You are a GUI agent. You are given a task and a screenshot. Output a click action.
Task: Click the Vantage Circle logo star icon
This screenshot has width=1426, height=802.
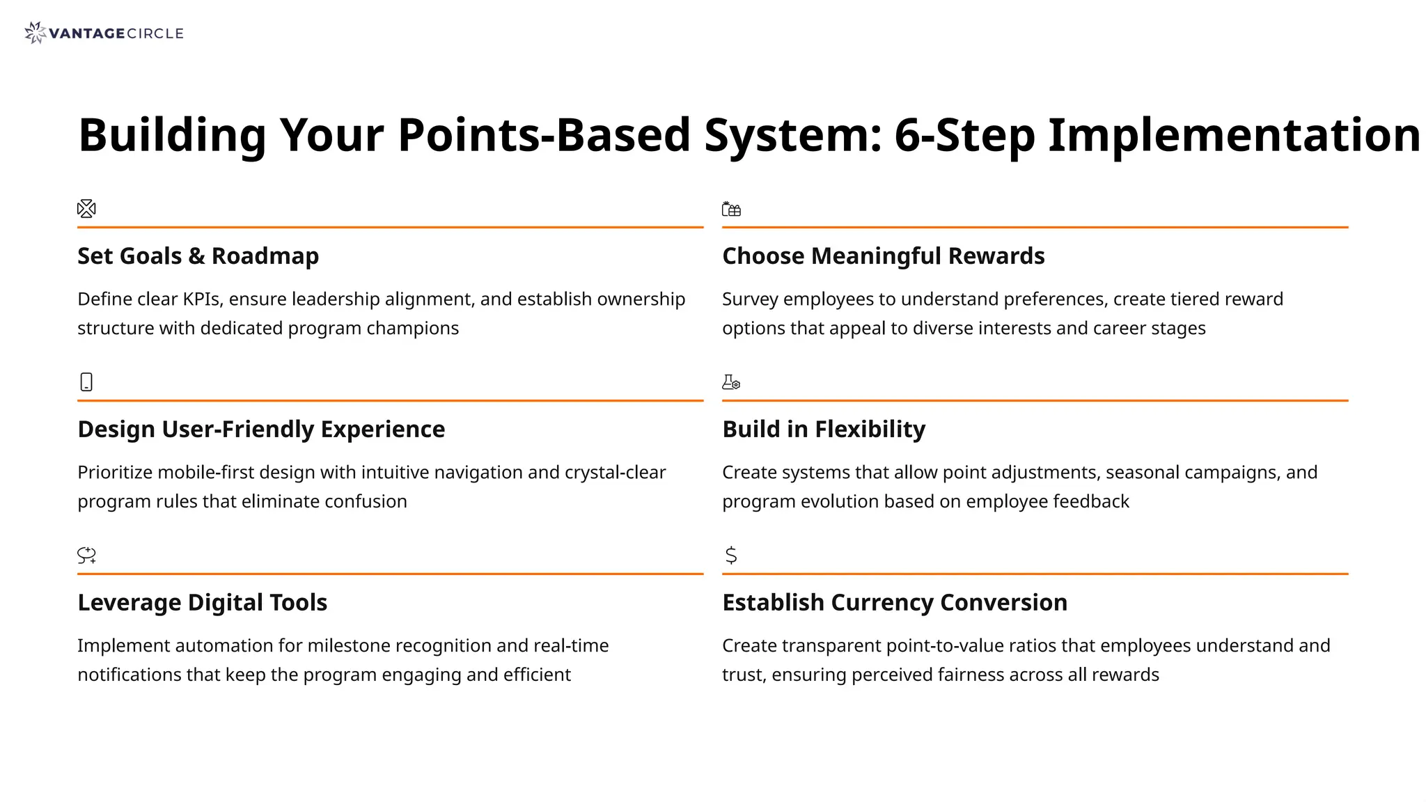pyautogui.click(x=34, y=33)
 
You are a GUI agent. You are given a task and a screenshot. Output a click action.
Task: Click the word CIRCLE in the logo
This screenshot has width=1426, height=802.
pyautogui.click(x=155, y=33)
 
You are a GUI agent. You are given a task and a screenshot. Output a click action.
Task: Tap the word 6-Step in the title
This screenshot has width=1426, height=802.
pyautogui.click(x=964, y=135)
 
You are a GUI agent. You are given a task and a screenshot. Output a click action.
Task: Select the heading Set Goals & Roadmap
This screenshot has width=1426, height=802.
pyautogui.click(x=198, y=256)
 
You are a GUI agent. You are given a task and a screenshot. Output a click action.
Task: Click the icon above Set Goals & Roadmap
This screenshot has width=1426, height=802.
pyautogui.click(x=86, y=208)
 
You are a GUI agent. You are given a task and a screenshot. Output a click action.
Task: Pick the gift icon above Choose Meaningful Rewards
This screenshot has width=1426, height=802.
pyautogui.click(x=731, y=209)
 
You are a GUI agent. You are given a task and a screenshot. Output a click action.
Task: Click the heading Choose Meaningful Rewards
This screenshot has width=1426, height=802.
pyautogui.click(x=883, y=256)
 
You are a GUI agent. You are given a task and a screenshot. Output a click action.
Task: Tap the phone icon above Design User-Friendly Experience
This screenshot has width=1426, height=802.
pyautogui.click(x=86, y=382)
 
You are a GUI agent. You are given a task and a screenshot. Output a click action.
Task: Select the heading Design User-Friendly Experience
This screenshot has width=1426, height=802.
pyautogui.click(x=261, y=430)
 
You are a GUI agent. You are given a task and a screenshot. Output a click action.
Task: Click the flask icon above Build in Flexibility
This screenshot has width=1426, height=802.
pyautogui.click(x=731, y=382)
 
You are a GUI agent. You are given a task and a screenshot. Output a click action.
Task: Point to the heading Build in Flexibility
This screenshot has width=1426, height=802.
pyautogui.click(x=824, y=430)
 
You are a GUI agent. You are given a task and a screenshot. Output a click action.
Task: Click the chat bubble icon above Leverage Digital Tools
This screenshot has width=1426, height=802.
pyautogui.click(x=86, y=555)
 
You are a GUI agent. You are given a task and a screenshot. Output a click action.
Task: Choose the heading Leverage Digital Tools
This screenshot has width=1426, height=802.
pyautogui.click(x=202, y=603)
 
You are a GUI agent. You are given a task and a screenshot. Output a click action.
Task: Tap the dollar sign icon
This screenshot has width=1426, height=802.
pyautogui.click(x=730, y=555)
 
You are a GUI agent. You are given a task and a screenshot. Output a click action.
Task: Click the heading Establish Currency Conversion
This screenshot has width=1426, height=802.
pyautogui.click(x=894, y=603)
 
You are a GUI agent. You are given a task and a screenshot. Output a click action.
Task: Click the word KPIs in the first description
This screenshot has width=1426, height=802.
pyautogui.click(x=203, y=299)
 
